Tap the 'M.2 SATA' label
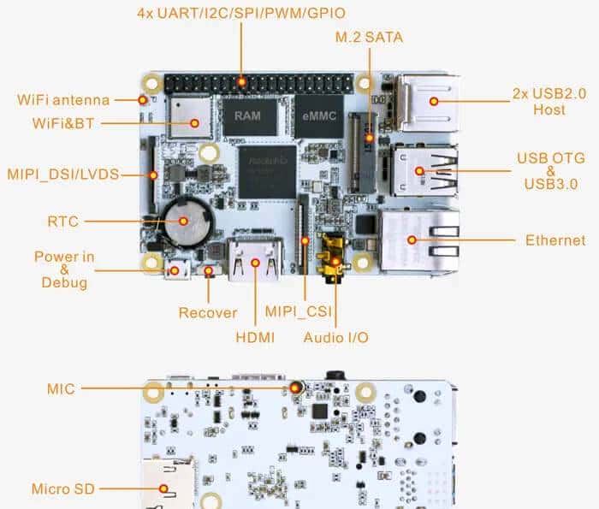370,38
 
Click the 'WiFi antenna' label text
63,100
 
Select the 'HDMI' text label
255,338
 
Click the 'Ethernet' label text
555,240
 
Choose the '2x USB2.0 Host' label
549,102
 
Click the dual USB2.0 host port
428,101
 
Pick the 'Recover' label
208,313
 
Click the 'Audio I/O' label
336,338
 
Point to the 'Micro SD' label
63,489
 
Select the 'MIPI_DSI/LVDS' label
62,175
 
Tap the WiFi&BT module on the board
191,118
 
